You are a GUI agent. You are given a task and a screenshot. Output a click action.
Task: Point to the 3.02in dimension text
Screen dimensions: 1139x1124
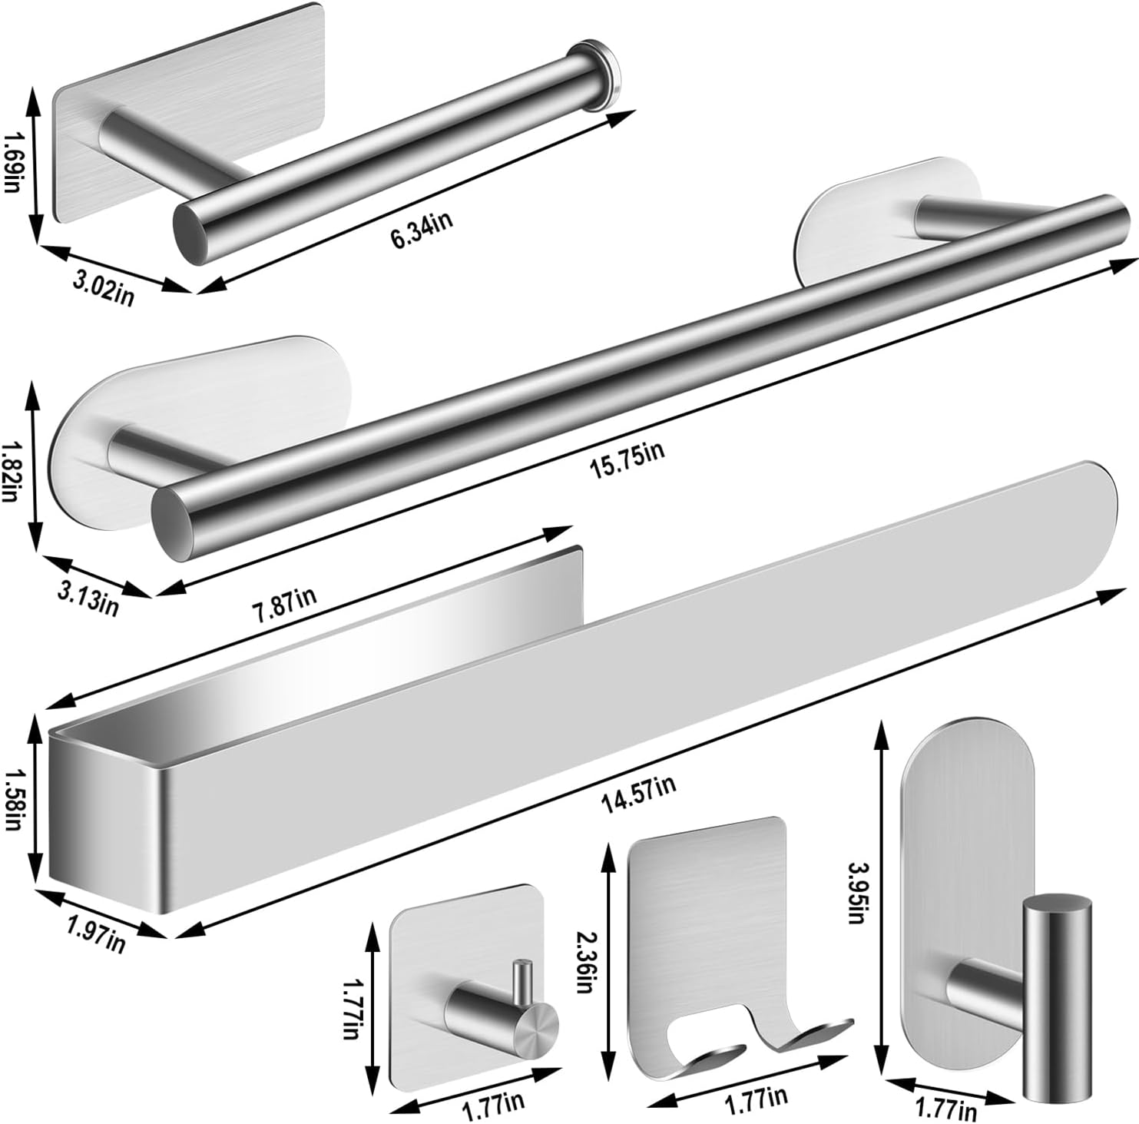tap(102, 290)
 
